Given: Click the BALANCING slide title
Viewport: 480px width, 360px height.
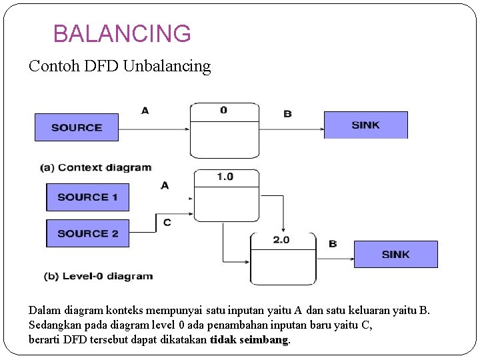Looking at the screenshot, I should (x=122, y=33).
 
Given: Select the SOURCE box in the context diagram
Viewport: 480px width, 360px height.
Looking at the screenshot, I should (x=76, y=127).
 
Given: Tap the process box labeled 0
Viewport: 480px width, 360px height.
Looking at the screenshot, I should (x=224, y=130).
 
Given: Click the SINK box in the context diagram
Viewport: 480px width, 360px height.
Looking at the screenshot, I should (x=365, y=125).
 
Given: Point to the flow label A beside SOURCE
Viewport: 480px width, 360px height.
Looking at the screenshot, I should (x=145, y=111).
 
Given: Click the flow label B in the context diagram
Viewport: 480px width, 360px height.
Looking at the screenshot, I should (x=287, y=113).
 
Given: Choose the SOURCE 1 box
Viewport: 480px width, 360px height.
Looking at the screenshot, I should (x=87, y=197).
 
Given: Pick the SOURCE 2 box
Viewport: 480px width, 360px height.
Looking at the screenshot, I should (x=87, y=233).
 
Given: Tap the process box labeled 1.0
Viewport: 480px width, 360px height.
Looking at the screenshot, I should (x=226, y=195).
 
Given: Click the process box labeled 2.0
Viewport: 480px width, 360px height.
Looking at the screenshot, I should (x=282, y=259).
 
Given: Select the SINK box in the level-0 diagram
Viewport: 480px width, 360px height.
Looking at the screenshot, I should (x=395, y=254).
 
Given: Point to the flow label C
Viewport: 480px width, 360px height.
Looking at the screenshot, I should (x=167, y=222).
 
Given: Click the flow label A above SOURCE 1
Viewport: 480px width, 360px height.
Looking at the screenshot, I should (x=165, y=185).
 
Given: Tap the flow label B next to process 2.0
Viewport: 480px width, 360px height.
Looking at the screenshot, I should (x=333, y=244).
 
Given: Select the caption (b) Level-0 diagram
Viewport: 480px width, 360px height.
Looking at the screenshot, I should (x=98, y=276).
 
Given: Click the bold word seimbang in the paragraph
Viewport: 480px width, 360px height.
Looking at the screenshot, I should (x=264, y=340).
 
